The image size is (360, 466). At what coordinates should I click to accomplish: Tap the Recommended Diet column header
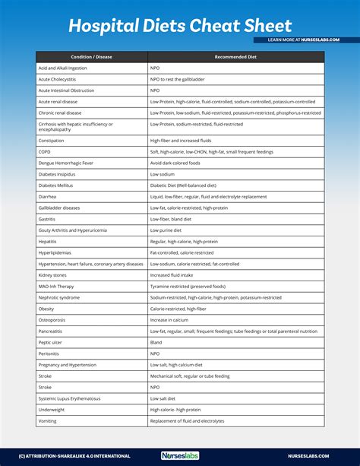point(236,57)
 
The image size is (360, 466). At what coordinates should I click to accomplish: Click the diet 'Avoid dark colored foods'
point(175,162)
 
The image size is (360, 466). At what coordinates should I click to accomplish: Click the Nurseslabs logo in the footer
point(180,456)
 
